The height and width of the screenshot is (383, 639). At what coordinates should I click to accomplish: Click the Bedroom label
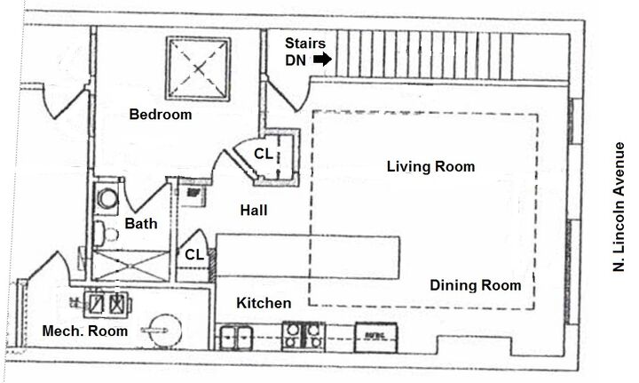[x=161, y=115]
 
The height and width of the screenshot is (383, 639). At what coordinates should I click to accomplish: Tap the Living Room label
[x=430, y=166]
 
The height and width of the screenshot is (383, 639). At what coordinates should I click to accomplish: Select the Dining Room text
[x=476, y=285]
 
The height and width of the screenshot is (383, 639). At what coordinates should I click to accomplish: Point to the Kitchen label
[x=264, y=303]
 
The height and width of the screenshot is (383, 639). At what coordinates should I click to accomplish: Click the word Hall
[x=254, y=211]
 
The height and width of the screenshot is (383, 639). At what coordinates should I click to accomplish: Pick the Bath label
[x=141, y=224]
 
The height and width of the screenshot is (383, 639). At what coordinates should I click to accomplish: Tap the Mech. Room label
[x=85, y=331]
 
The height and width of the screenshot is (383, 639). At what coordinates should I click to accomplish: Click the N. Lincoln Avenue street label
[x=619, y=207]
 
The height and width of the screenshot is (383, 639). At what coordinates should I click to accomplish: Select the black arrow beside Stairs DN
[x=322, y=60]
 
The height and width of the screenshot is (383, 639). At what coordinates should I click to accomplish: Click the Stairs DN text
[x=304, y=52]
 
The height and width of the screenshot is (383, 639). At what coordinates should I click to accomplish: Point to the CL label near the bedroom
[x=263, y=154]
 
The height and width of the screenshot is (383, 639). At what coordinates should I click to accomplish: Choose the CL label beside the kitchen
[x=194, y=255]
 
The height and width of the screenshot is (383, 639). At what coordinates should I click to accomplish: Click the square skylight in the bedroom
[x=199, y=68]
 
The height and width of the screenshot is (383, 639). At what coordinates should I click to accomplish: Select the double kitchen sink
[x=236, y=339]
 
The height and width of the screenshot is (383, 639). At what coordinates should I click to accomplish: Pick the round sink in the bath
[x=107, y=199]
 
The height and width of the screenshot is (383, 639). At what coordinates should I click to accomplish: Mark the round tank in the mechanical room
[x=166, y=331]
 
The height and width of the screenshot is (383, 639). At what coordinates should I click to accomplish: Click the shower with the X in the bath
[x=130, y=266]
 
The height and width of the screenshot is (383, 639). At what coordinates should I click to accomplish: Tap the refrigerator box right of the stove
[x=375, y=338]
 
